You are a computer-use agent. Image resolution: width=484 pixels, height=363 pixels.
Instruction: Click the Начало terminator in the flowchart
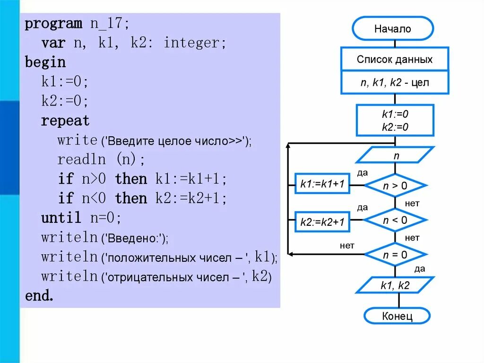click(393, 29)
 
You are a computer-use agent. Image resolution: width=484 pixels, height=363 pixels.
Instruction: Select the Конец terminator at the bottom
click(397, 316)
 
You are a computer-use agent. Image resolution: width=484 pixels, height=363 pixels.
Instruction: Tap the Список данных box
click(395, 60)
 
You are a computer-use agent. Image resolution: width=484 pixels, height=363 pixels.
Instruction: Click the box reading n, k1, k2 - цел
click(395, 83)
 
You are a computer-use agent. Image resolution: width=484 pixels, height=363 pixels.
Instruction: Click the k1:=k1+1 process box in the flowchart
click(322, 185)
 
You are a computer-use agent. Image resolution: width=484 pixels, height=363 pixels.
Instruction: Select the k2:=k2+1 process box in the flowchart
click(322, 221)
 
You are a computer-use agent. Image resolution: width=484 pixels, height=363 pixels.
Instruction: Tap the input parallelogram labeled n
click(395, 155)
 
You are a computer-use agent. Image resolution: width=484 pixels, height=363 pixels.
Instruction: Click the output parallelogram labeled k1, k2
click(395, 285)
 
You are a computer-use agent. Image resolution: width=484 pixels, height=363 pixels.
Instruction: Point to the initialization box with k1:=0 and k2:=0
click(395, 121)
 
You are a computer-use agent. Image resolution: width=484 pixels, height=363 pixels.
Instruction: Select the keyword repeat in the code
click(65, 121)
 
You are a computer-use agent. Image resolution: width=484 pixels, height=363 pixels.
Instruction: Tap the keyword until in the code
click(61, 218)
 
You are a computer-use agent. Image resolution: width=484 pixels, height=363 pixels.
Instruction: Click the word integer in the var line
click(191, 43)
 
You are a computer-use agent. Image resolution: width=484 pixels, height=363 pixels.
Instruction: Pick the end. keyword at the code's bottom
click(39, 296)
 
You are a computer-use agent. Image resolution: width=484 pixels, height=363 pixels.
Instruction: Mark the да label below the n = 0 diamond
click(419, 269)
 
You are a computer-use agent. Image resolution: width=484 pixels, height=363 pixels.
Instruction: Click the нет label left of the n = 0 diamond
click(347, 246)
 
